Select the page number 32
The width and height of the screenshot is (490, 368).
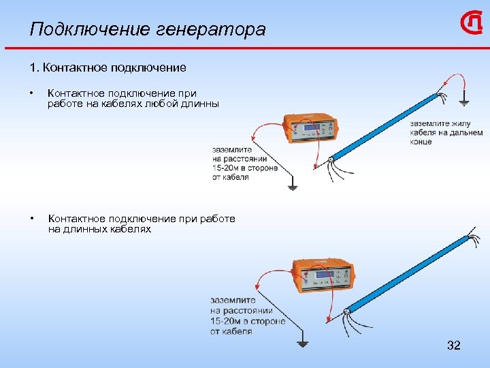click(453, 346)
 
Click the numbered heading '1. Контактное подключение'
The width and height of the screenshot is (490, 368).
click(108, 67)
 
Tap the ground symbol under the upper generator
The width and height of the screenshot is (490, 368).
click(293, 186)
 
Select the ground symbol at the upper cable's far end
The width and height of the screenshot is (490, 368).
click(463, 102)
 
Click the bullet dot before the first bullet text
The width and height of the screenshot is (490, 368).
click(31, 93)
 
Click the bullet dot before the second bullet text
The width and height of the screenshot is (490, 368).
click(31, 219)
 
